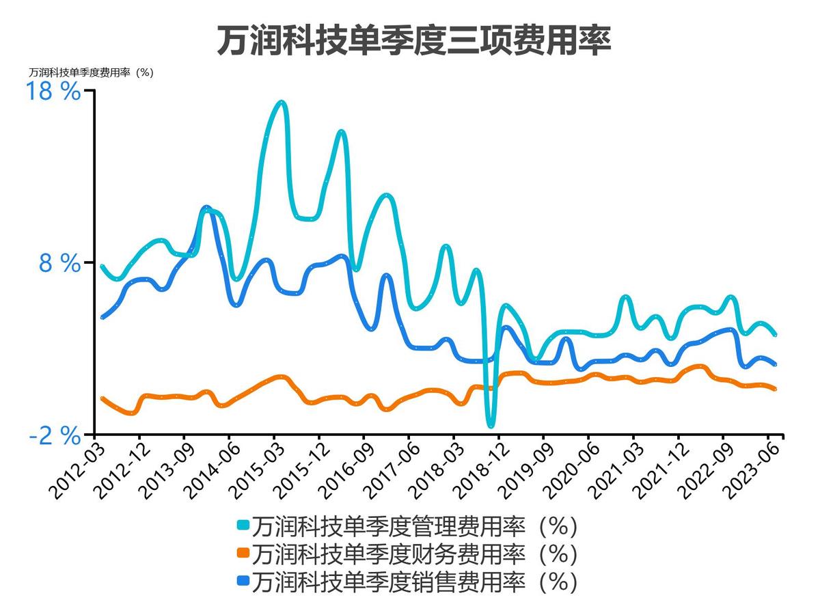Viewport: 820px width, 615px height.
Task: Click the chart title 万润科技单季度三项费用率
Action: (x=413, y=41)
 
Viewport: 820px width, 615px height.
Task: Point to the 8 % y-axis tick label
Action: (x=60, y=264)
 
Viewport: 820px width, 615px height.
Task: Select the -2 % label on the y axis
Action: (x=55, y=436)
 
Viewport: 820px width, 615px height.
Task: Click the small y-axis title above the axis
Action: (x=91, y=72)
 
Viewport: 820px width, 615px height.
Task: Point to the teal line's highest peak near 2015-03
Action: (x=281, y=103)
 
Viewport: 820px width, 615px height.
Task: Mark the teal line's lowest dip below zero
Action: (x=490, y=424)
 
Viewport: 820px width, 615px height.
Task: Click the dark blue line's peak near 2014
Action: (x=206, y=208)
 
